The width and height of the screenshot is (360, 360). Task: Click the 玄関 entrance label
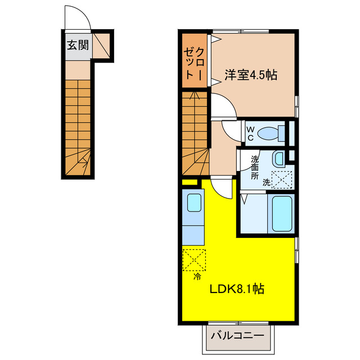point(78,45)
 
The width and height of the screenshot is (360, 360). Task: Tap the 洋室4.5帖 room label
point(251,75)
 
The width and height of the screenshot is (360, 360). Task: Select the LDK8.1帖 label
point(237,289)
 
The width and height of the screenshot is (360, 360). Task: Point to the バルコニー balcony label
point(237,336)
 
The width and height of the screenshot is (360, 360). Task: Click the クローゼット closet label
point(194,64)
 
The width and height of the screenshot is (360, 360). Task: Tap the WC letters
point(250,134)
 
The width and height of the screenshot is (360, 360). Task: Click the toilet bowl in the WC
point(267,133)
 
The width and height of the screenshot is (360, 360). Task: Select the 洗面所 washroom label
point(255,168)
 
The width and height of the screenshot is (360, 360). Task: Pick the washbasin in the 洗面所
point(278,158)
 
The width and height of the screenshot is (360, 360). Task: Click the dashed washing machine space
point(282,180)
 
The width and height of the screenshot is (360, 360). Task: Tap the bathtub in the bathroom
point(281,214)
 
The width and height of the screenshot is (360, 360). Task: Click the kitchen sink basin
point(194,202)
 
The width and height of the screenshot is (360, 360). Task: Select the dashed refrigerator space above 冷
point(194,260)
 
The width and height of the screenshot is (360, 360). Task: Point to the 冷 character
point(197,277)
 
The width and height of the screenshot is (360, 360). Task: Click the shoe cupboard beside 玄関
point(101,46)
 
